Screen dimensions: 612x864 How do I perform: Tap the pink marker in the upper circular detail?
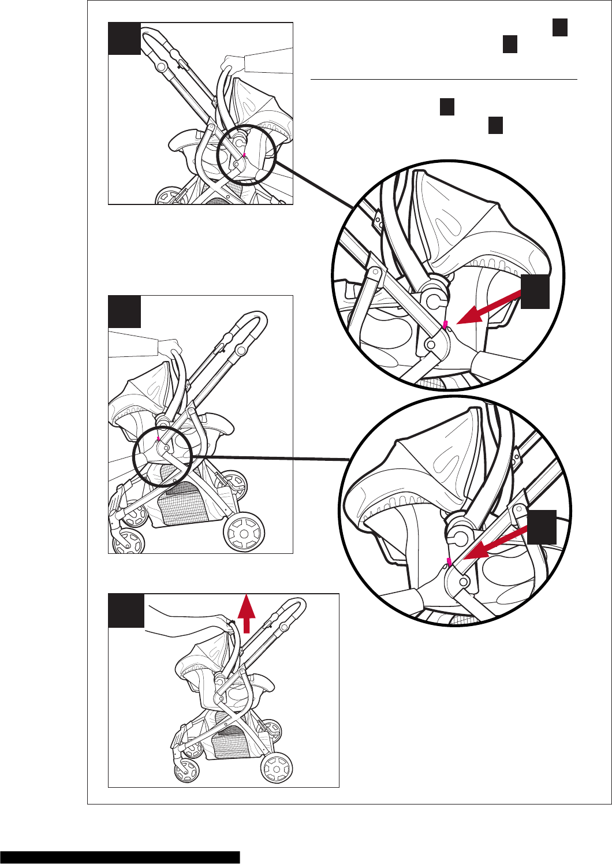click(445, 326)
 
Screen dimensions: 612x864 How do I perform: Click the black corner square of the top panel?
click(124, 39)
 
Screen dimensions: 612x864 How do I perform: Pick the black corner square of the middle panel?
click(124, 312)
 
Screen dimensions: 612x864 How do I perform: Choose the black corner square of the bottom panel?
click(126, 610)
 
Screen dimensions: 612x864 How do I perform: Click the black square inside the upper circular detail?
click(535, 292)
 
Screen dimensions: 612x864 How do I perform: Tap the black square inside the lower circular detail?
click(542, 527)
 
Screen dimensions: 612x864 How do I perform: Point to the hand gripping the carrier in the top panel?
click(234, 62)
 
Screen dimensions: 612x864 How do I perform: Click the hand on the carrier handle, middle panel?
click(169, 347)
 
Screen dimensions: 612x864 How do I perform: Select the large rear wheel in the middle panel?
click(244, 532)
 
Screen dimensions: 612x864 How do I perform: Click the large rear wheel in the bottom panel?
click(277, 768)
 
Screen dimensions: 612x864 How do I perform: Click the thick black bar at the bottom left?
click(120, 857)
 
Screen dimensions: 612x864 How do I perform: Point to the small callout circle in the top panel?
click(247, 154)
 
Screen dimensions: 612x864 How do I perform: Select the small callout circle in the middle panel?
click(162, 458)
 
